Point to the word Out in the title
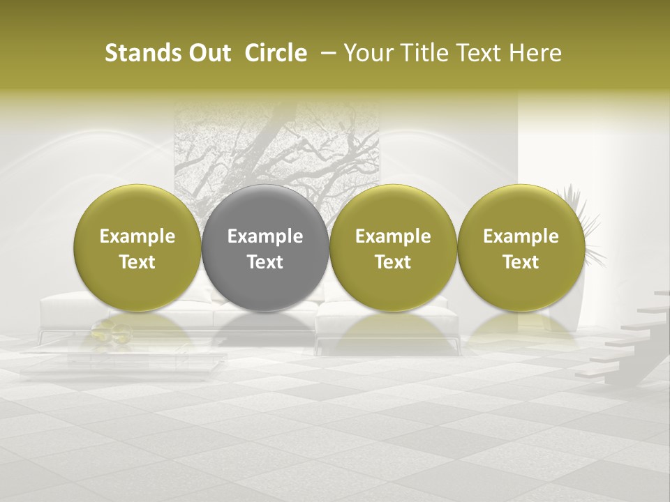(x=207, y=54)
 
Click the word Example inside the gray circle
(x=265, y=236)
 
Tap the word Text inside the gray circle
(x=265, y=262)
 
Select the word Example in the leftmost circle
(x=137, y=236)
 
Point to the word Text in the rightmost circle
(x=521, y=262)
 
